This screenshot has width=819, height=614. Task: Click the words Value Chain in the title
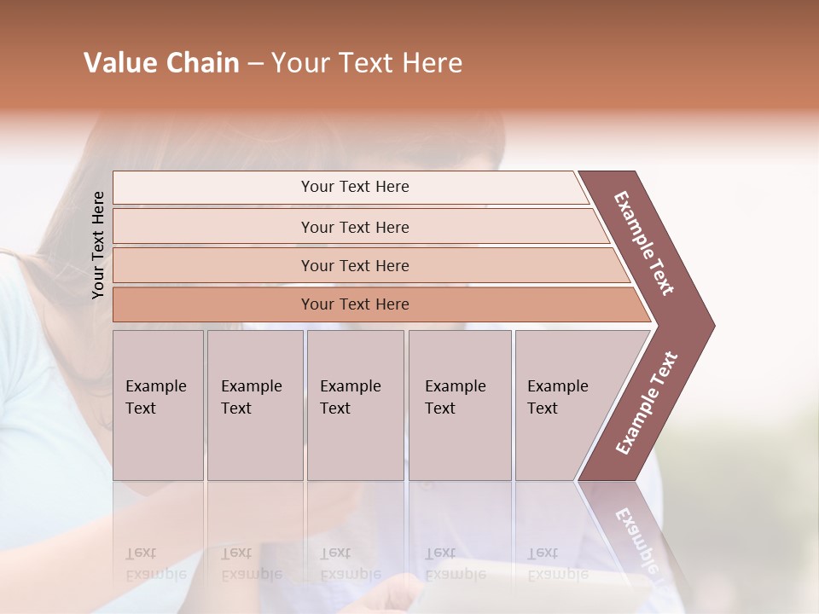[161, 63]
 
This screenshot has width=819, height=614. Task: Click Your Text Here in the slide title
[367, 63]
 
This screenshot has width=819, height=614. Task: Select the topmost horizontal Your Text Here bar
[354, 187]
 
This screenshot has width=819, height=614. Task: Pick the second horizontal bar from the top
[354, 227]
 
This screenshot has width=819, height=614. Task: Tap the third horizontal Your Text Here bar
[354, 265]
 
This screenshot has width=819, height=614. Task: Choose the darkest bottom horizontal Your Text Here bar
[354, 304]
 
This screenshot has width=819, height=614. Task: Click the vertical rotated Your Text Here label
[98, 245]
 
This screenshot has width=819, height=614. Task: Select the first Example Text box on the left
[157, 404]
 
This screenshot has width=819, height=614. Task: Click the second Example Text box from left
[254, 404]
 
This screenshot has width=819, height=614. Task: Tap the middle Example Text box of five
[354, 404]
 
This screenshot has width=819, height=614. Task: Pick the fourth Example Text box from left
[459, 404]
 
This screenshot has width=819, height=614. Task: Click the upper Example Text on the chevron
[644, 243]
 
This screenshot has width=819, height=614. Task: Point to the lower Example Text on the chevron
[647, 403]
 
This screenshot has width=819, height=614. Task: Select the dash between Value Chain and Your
[254, 64]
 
